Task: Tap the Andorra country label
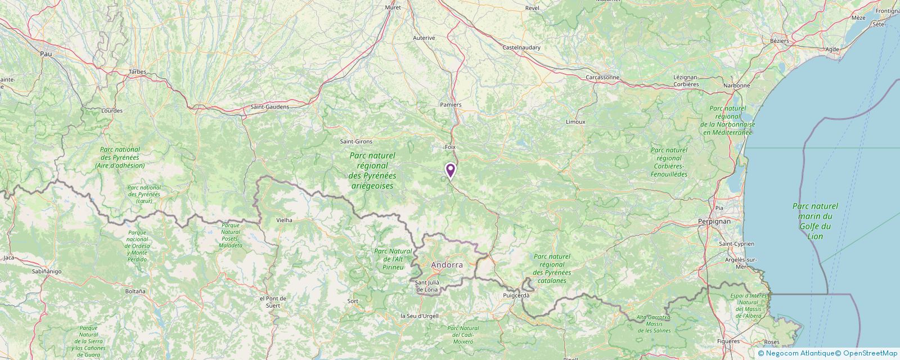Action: pyautogui.click(x=447, y=264)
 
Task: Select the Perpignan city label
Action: pyautogui.click(x=714, y=222)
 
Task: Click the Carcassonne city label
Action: pyautogui.click(x=602, y=77)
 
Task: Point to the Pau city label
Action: pyautogui.click(x=46, y=53)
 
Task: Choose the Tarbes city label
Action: pyautogui.click(x=137, y=72)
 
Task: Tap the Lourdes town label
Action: pyautogui.click(x=112, y=111)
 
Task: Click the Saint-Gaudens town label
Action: pyautogui.click(x=269, y=107)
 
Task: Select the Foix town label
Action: pyautogui.click(x=449, y=147)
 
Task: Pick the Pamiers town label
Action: pyautogui.click(x=451, y=105)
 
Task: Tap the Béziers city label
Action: pyautogui.click(x=780, y=40)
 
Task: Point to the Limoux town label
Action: pyautogui.click(x=575, y=121)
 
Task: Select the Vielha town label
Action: pyautogui.click(x=284, y=220)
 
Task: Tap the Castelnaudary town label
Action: pyautogui.click(x=521, y=48)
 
